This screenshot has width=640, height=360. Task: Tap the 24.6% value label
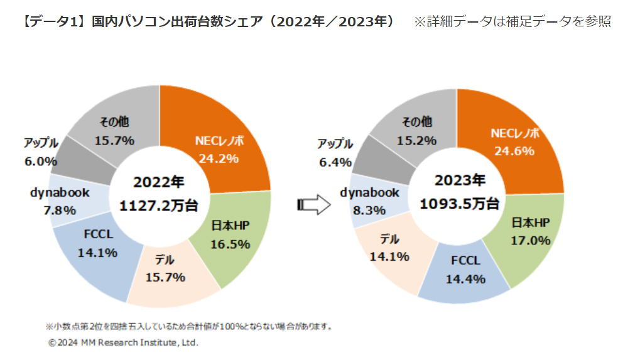click(514, 151)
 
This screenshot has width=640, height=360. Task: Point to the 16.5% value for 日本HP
click(230, 244)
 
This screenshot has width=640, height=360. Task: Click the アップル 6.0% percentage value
click(41, 161)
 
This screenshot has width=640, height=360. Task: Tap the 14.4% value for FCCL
click(465, 279)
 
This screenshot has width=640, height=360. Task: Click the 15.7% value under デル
click(165, 277)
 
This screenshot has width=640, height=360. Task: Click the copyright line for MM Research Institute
click(123, 343)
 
